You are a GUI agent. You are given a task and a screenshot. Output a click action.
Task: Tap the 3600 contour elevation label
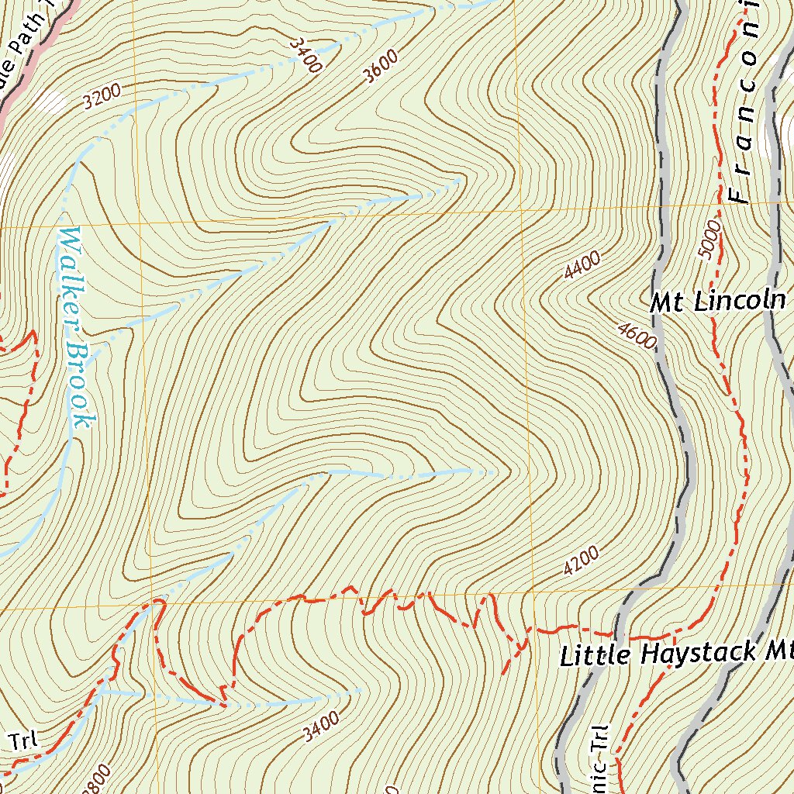tap(380, 66)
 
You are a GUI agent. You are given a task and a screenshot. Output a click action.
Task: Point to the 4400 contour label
tap(582, 266)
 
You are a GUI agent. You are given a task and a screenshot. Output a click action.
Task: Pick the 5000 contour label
tap(709, 240)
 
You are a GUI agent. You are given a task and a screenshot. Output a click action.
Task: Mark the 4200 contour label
tap(581, 561)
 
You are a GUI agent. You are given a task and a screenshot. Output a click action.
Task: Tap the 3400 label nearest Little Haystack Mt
tap(322, 727)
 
